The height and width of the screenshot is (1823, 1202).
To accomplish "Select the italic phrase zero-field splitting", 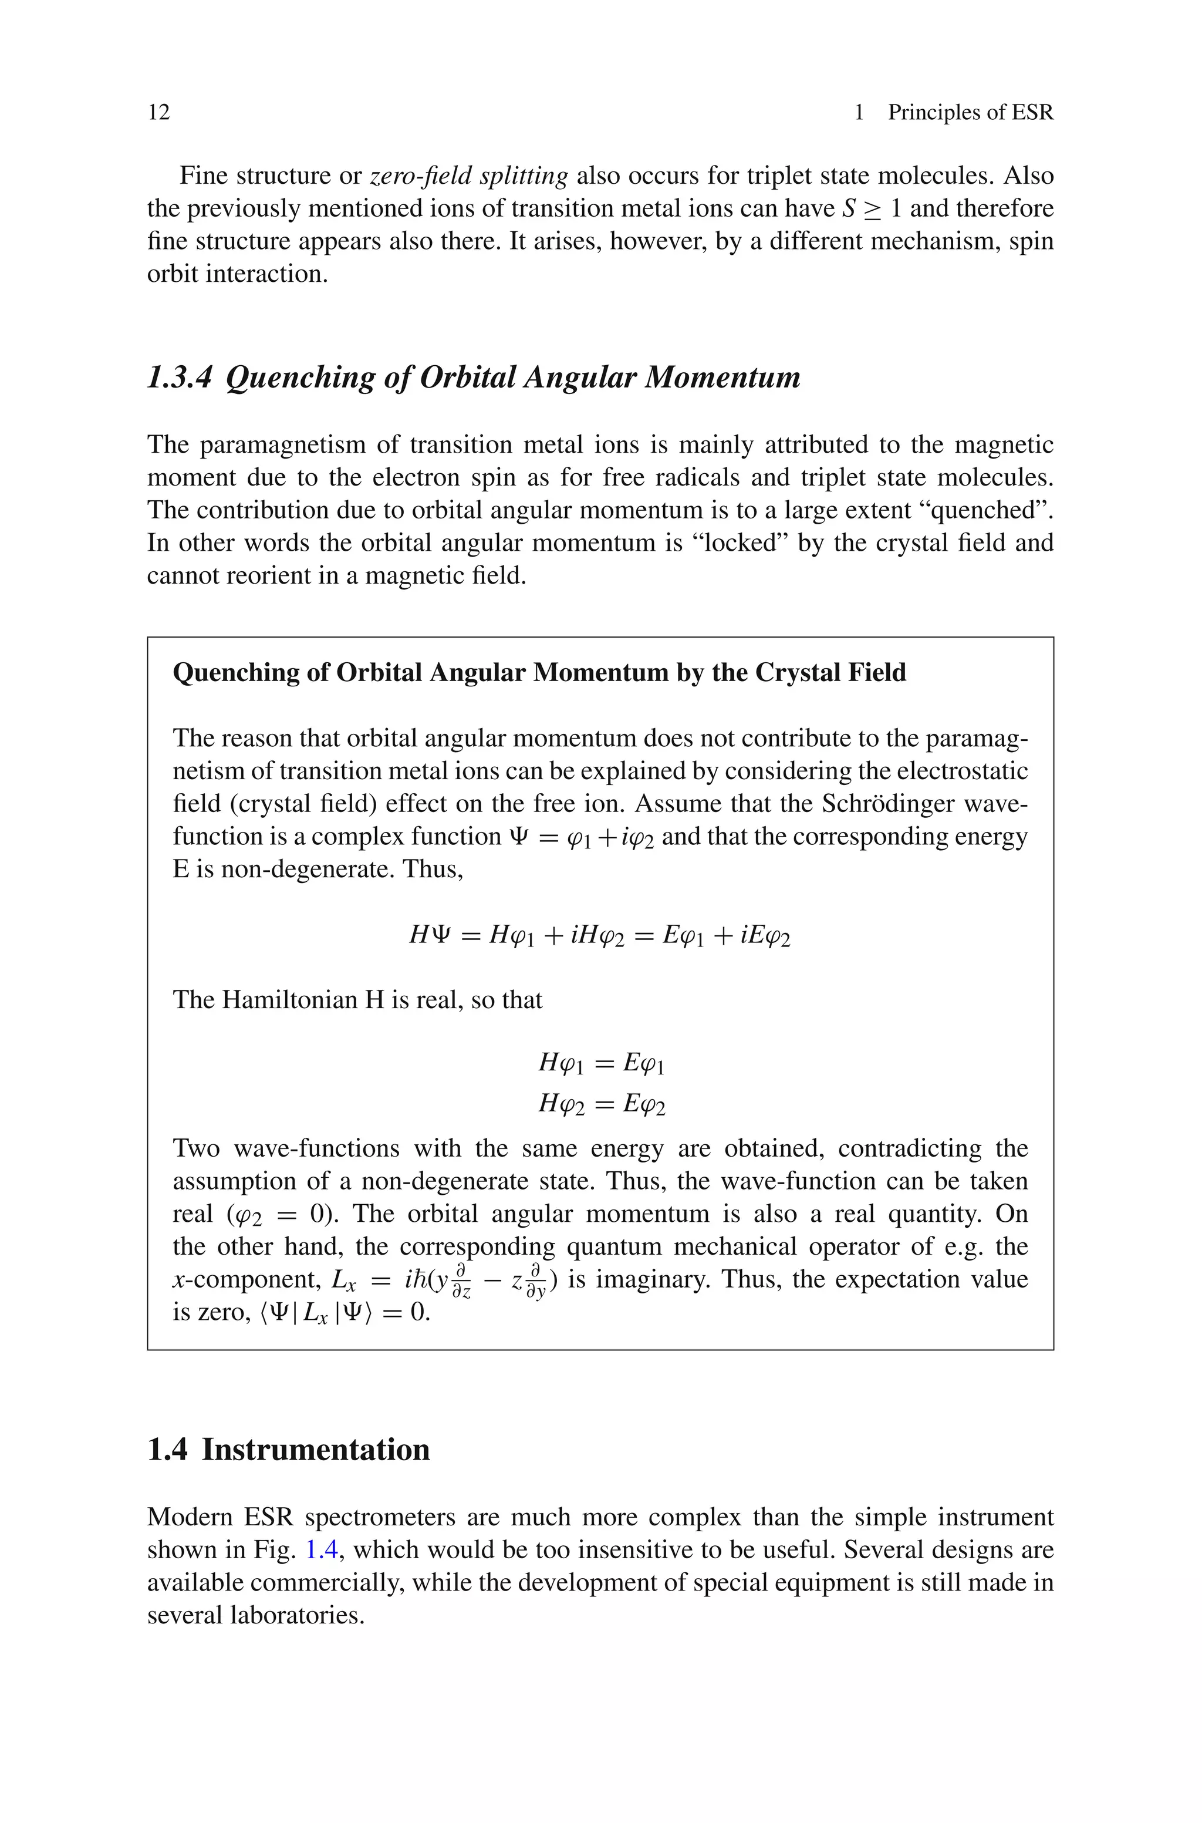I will click(x=468, y=176).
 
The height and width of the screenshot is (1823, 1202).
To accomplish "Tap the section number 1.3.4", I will click(x=178, y=377).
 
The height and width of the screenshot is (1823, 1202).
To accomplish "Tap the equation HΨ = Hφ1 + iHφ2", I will click(x=600, y=935).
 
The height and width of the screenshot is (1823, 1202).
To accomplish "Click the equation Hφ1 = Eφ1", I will click(x=601, y=1063).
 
